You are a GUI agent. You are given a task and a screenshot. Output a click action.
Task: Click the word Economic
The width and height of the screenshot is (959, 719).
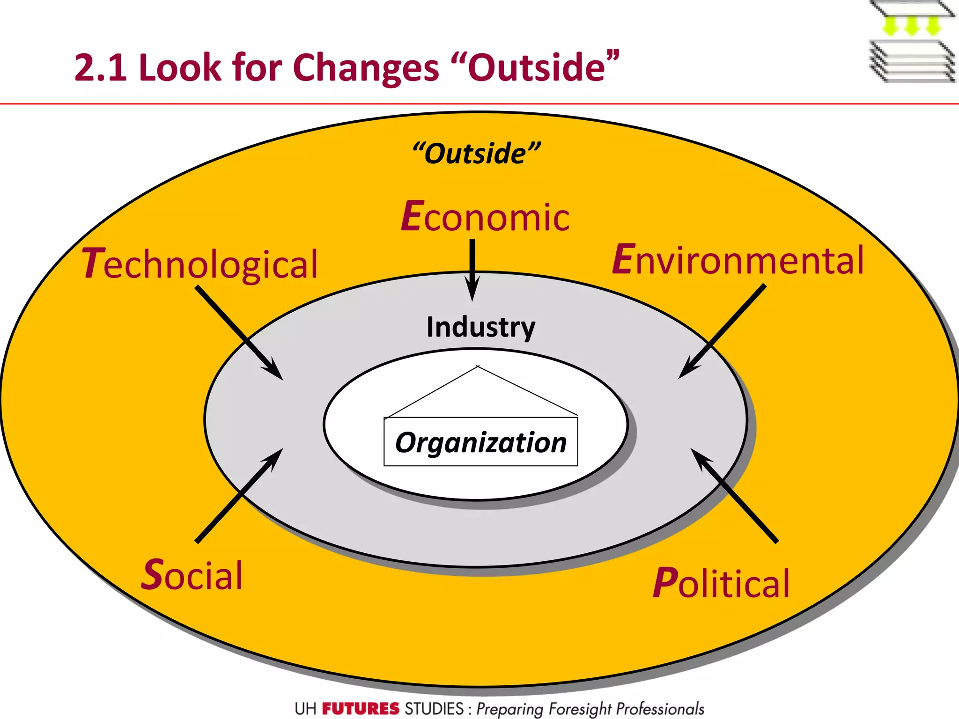[x=486, y=217]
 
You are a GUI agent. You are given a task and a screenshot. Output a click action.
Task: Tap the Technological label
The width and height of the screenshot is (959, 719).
[x=200, y=264]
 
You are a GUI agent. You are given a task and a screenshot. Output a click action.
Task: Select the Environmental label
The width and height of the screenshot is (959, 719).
[x=738, y=260]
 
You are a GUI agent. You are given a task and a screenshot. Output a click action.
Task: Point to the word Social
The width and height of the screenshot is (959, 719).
[x=192, y=575]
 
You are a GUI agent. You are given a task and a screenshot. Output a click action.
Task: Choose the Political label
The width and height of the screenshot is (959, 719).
[x=722, y=583]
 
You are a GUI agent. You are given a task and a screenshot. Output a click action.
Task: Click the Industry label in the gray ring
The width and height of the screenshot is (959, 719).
[x=481, y=327]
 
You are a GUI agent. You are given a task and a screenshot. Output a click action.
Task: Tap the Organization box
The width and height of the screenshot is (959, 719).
[x=481, y=442]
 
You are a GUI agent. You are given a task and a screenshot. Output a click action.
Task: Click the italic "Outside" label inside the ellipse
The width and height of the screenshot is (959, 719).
[x=476, y=154]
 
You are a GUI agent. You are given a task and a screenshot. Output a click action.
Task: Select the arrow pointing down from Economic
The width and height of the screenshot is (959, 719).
[x=472, y=269]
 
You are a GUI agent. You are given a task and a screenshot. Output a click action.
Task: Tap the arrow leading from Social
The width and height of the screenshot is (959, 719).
[x=239, y=496]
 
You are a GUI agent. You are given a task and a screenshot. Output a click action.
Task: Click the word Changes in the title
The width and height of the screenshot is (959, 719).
[x=366, y=68]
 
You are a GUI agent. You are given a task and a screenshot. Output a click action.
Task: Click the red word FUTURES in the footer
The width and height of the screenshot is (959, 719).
[x=361, y=709]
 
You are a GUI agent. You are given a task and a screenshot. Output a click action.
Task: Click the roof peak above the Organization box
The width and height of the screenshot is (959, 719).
[x=478, y=367]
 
